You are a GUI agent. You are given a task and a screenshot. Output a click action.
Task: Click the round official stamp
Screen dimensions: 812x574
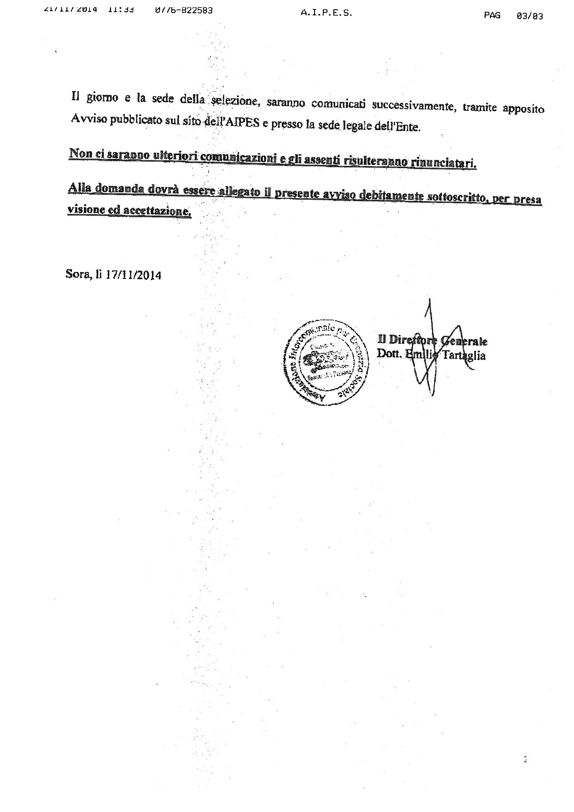325,363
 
